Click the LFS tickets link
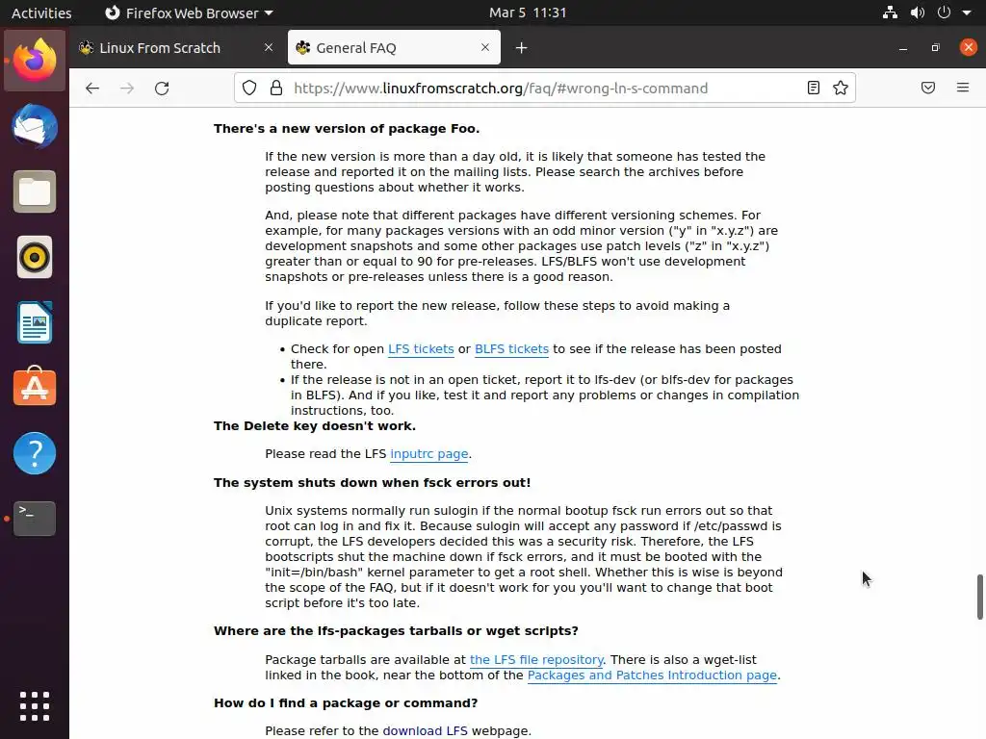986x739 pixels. point(420,349)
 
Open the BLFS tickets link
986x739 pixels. point(511,349)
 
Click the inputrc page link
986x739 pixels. point(428,454)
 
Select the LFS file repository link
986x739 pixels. point(536,660)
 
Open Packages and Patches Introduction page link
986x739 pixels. point(652,675)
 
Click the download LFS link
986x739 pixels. point(425,731)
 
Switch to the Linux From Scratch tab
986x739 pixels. point(160,48)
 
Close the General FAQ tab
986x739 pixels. point(485,48)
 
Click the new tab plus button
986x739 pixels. point(521,48)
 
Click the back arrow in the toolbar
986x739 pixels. point(92,89)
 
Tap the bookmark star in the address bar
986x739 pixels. point(841,89)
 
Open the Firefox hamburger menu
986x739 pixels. point(962,89)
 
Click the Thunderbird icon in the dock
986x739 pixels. point(35,127)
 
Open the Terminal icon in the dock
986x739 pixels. point(35,519)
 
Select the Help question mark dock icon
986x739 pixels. point(35,453)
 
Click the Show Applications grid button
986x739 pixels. point(35,706)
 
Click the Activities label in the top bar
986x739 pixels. point(41,13)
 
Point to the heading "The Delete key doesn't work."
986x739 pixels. point(315,426)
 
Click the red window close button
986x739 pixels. point(968,48)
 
